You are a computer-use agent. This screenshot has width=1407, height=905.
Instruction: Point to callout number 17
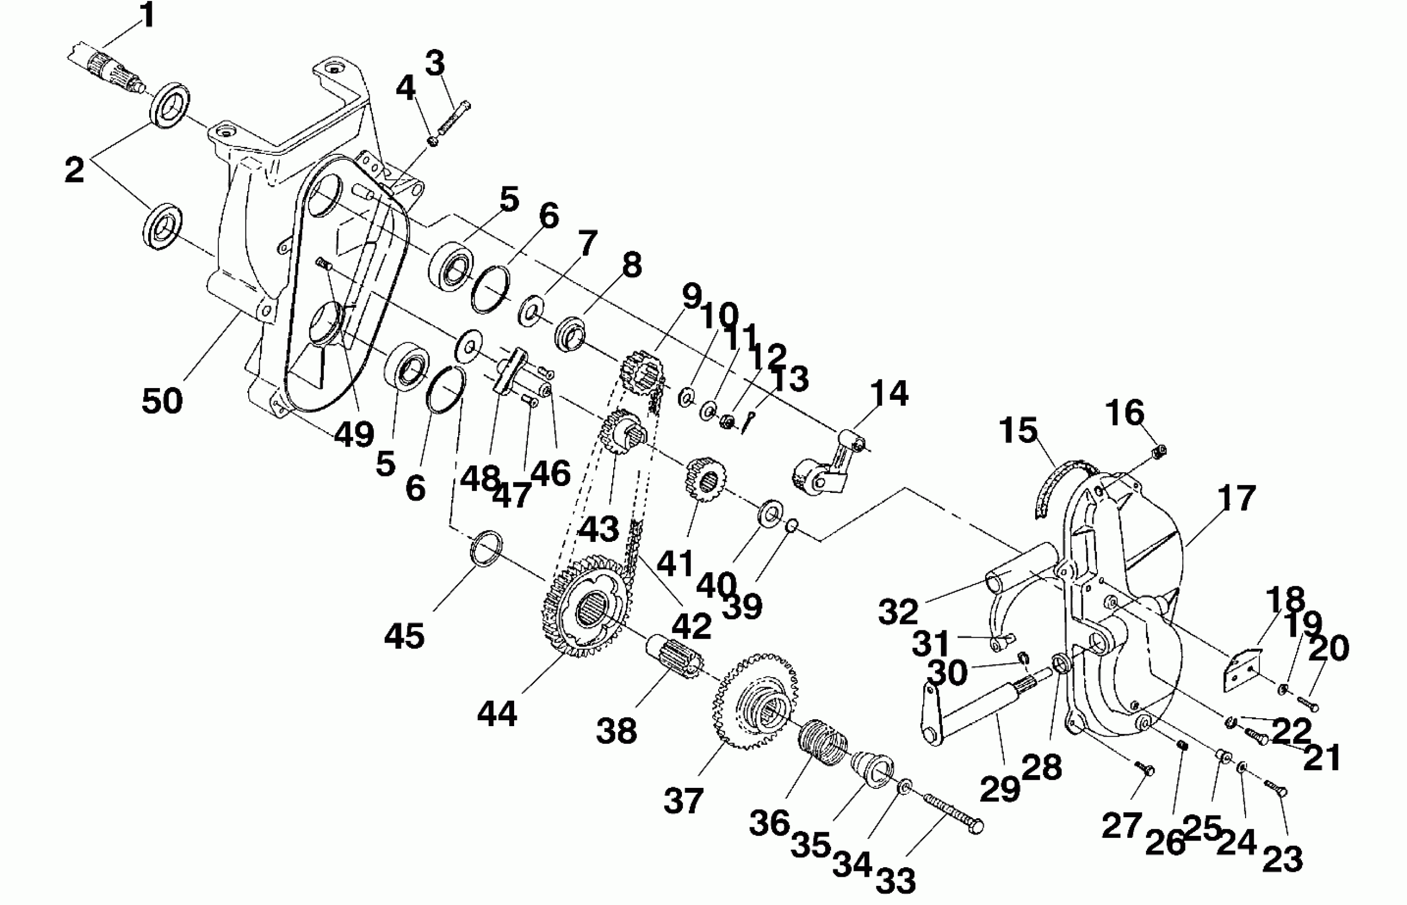point(1237,498)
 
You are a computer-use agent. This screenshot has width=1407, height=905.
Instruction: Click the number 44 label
point(497,713)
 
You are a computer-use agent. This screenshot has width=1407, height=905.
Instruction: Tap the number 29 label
point(1000,788)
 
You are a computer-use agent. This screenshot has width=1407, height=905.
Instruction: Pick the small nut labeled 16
point(1158,451)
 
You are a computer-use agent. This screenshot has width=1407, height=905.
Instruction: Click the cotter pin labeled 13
point(747,421)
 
